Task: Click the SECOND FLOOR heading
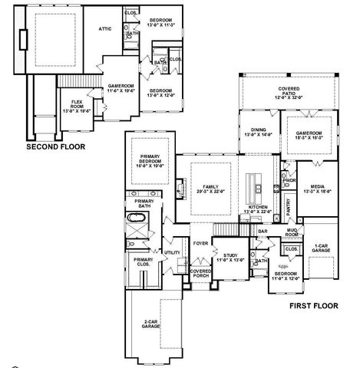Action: pos(54,145)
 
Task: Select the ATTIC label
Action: pos(105,28)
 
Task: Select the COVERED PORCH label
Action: pos(201,273)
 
